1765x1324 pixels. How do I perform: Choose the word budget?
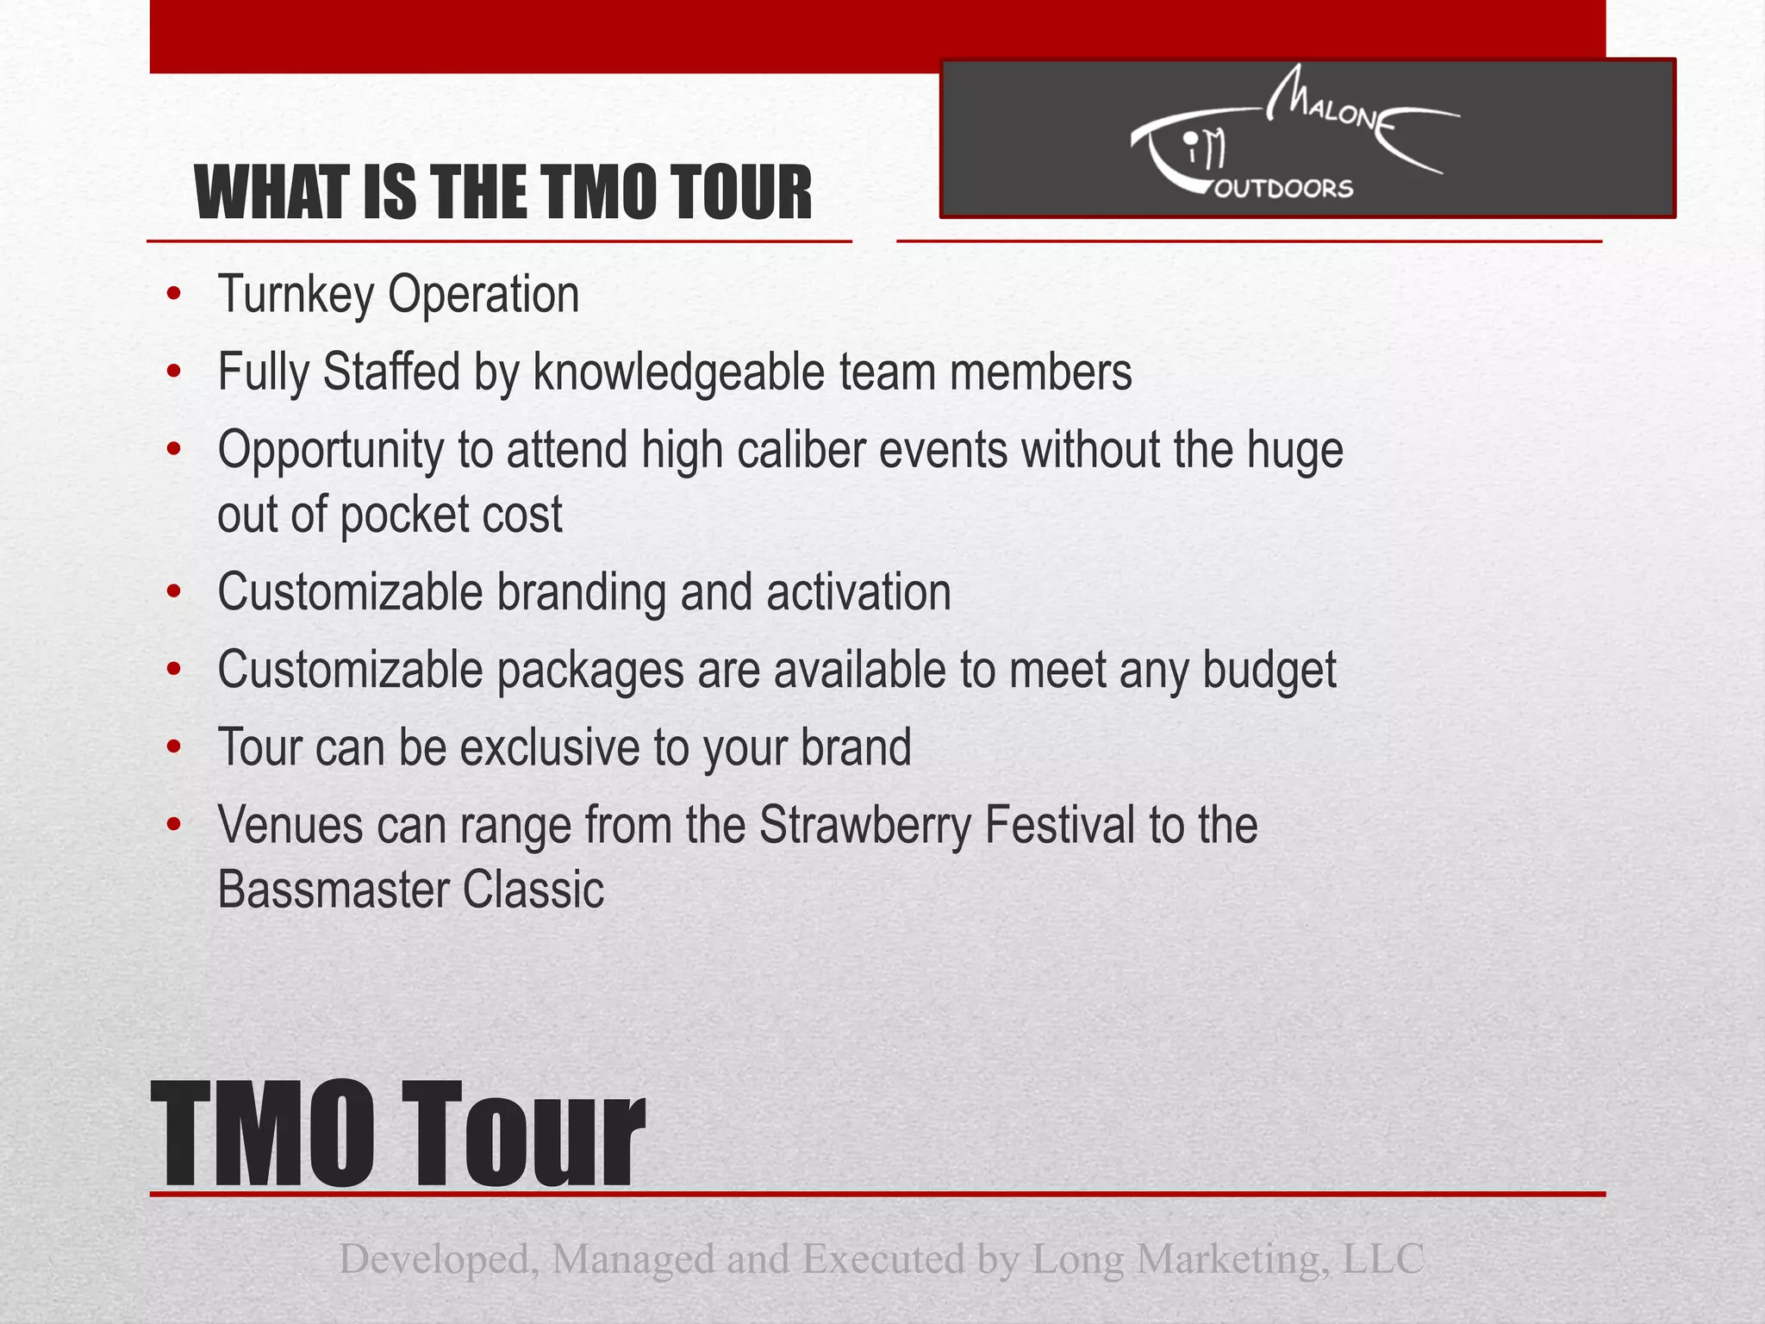[x=1269, y=671]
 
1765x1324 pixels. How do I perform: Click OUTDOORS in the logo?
[x=1283, y=189]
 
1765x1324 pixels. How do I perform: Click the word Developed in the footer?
[x=439, y=1259]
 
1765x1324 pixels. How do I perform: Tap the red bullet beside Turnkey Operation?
[x=175, y=296]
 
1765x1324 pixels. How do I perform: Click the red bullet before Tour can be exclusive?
[x=175, y=747]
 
